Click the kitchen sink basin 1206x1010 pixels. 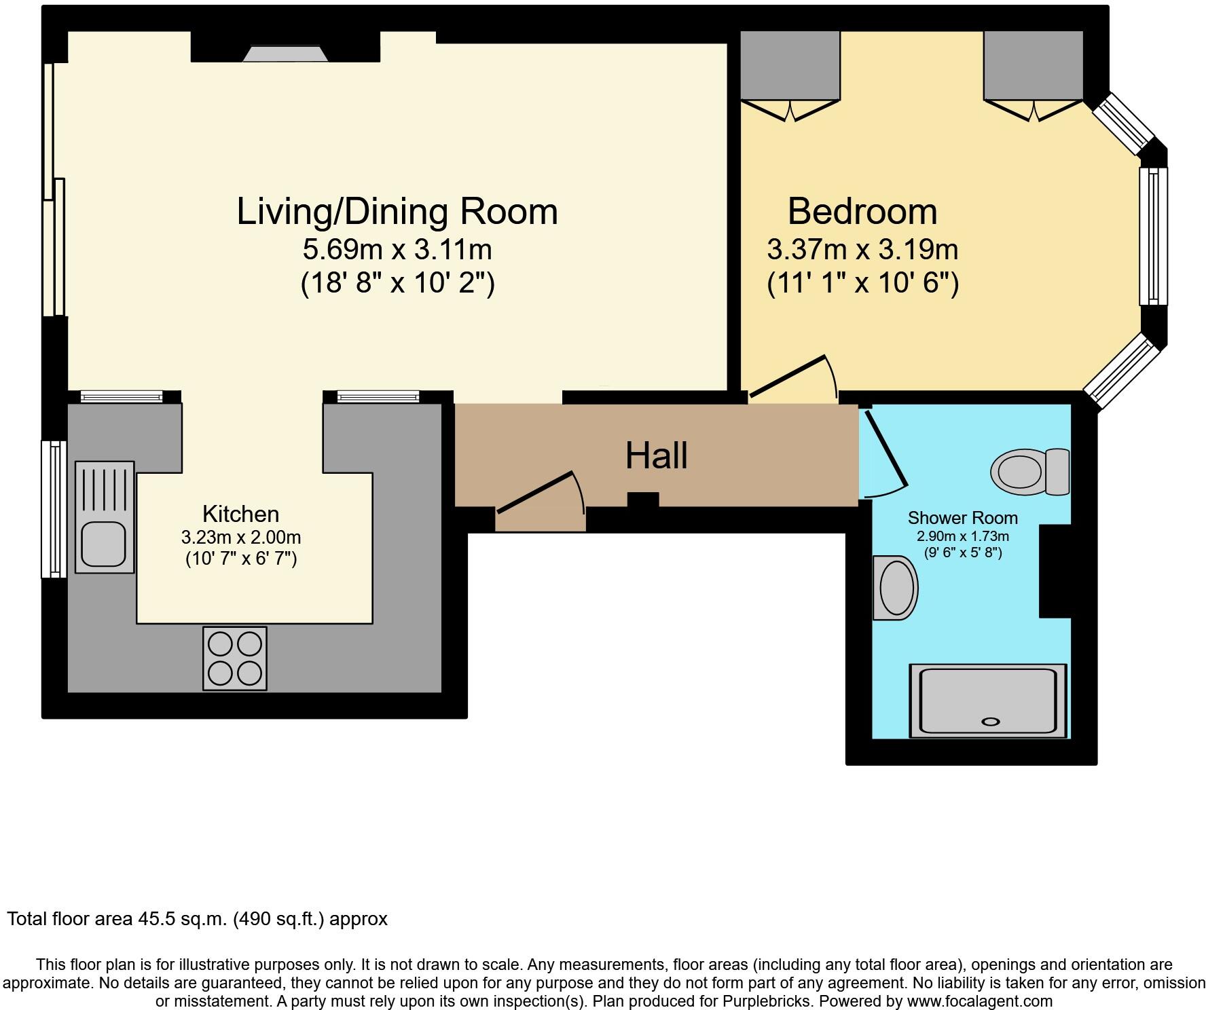104,544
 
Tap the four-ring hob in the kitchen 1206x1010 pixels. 235,658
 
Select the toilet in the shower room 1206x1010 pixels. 1029,471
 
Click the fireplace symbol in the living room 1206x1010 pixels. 285,54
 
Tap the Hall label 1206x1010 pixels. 656,455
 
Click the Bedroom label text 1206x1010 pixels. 862,211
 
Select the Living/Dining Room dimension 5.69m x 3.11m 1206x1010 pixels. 397,250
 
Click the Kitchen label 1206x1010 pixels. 240,514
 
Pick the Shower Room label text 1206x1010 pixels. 962,518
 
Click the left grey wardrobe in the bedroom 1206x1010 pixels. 790,65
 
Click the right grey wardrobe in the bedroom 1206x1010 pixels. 1033,65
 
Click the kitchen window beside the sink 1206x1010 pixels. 54,509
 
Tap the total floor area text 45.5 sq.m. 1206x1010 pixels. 197,919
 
